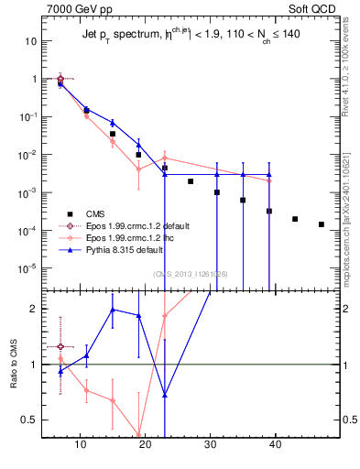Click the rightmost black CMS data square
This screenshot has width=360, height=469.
(x=321, y=224)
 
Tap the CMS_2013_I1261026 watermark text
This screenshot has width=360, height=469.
(x=191, y=274)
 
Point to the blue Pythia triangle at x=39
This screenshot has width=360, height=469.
(x=269, y=174)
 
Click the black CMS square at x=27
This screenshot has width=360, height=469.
(x=191, y=181)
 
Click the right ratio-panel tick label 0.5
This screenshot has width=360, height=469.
(x=345, y=420)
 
